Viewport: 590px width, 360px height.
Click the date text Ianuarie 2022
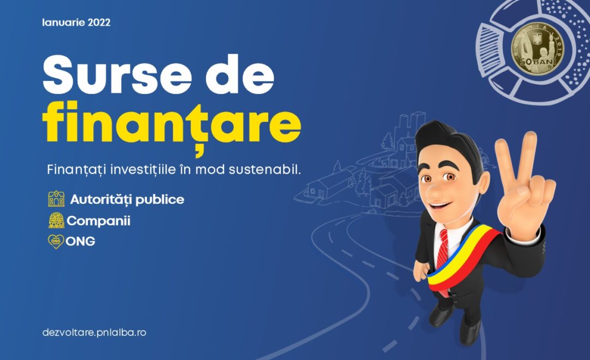(76, 22)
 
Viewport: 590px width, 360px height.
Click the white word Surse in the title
(117, 75)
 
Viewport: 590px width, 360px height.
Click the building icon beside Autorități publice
(56, 199)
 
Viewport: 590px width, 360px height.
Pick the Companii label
(98, 221)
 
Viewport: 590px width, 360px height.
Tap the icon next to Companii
(56, 221)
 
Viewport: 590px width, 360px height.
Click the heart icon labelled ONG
(56, 241)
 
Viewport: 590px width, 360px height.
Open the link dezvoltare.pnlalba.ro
(94, 333)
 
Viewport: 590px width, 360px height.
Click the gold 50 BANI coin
(538, 48)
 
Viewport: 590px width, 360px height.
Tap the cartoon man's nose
(433, 193)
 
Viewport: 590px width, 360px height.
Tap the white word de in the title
(239, 75)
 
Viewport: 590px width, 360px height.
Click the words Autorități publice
(127, 199)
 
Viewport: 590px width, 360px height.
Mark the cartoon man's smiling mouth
(440, 206)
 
